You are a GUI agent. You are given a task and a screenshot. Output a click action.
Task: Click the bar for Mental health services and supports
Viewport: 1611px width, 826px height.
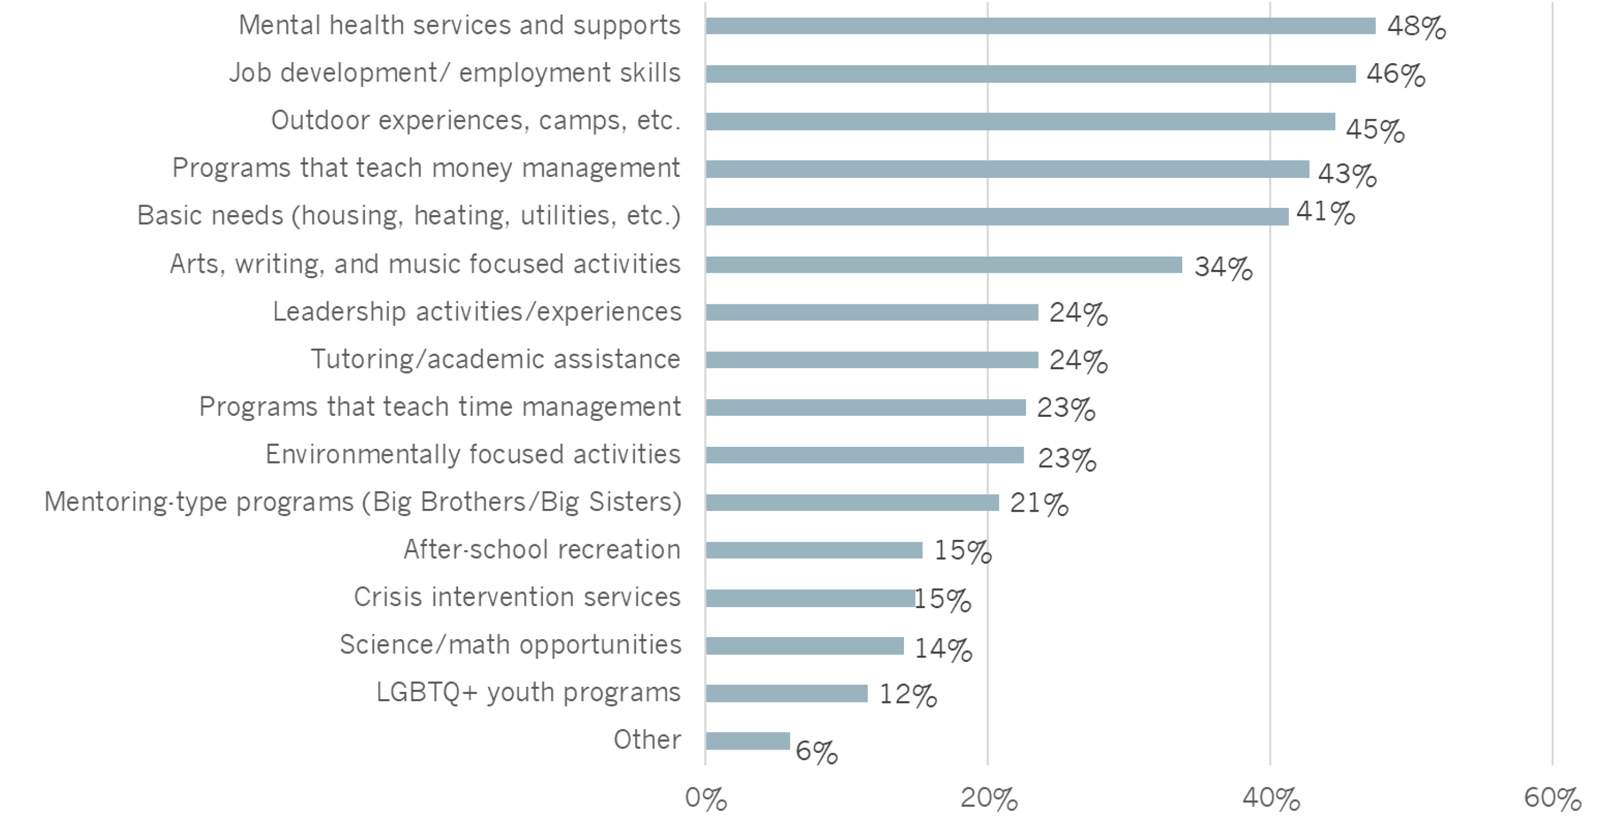1040,26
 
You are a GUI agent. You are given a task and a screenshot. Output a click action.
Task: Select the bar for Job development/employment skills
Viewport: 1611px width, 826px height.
1030,74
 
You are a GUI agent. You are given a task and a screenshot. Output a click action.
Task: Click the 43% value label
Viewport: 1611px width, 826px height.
1346,174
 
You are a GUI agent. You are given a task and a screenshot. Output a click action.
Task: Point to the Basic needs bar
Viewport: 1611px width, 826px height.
997,216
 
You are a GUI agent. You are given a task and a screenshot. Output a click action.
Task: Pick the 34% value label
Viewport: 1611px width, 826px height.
1223,268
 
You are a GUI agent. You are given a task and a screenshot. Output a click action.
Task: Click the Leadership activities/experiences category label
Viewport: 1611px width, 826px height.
476,312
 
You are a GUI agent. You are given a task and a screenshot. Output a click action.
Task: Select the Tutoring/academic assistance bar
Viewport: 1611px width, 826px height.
872,360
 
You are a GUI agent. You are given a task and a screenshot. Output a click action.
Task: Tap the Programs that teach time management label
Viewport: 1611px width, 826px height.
440,407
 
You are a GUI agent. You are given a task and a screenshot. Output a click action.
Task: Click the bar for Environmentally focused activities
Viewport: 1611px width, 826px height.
865,455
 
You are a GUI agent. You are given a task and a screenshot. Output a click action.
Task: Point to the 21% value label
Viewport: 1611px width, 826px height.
1039,503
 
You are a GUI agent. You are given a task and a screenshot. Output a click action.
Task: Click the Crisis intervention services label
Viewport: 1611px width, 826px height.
516,597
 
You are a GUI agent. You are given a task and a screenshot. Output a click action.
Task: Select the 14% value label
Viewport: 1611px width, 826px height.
943,649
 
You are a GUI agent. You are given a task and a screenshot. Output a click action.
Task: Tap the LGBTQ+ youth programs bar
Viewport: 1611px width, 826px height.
786,694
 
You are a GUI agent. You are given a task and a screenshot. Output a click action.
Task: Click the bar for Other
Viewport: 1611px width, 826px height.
748,741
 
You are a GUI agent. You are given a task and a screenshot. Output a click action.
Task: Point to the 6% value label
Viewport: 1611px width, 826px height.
816,751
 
